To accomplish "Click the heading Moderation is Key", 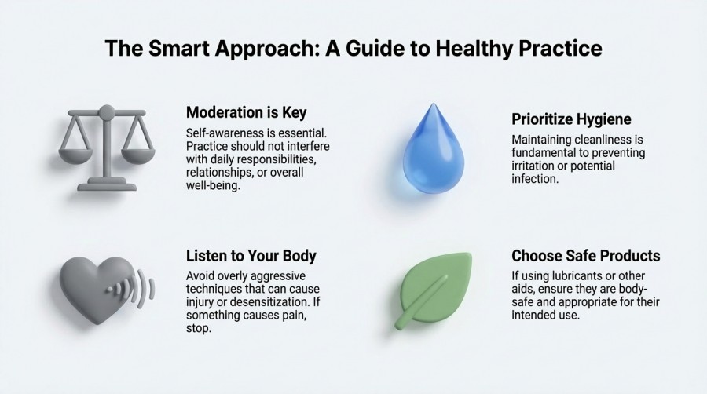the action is tap(246, 112).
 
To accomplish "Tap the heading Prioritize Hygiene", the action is tap(571, 119).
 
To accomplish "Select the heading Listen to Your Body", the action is tap(251, 256).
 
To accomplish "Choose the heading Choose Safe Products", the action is tap(586, 256).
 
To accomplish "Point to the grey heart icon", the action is tap(97, 289).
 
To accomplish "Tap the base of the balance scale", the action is tap(107, 184).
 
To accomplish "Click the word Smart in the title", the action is tap(181, 48).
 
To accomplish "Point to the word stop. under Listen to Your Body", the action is tap(199, 328).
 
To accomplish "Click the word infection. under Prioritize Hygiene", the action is tap(535, 179).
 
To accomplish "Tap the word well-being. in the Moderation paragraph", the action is tap(213, 185).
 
